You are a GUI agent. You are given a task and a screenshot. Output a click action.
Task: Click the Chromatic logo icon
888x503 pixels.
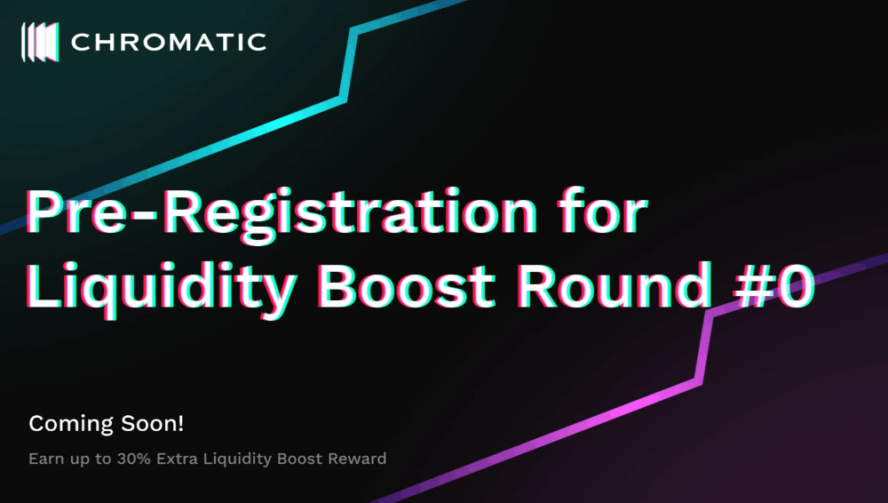(x=40, y=42)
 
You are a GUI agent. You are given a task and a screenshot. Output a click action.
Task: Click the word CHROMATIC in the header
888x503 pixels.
(x=169, y=43)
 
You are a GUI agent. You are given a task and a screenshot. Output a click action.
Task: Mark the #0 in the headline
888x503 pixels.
(x=774, y=285)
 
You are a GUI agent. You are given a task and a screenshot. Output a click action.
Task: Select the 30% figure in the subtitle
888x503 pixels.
(x=134, y=459)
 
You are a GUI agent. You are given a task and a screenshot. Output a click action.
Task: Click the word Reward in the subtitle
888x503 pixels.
(x=357, y=459)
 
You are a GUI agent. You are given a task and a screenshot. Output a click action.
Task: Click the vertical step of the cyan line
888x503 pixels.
(x=349, y=64)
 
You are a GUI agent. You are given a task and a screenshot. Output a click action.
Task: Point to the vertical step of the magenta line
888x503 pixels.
(x=704, y=347)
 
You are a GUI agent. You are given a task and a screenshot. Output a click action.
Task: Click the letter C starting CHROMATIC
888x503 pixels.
(x=81, y=43)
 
